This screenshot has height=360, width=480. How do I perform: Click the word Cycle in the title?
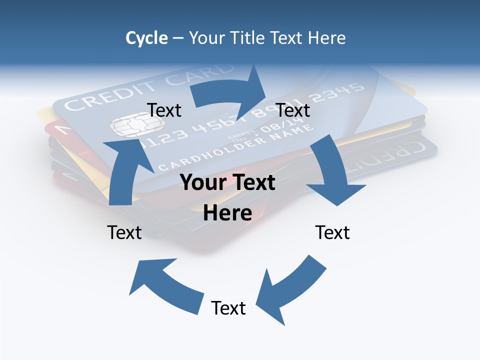(146, 38)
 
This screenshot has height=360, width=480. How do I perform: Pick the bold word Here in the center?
(227, 213)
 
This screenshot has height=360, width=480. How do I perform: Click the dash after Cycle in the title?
(178, 38)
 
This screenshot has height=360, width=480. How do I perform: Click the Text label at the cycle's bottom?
(228, 308)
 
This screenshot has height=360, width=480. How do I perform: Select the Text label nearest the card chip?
(164, 110)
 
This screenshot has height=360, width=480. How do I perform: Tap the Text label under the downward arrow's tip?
(332, 232)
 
